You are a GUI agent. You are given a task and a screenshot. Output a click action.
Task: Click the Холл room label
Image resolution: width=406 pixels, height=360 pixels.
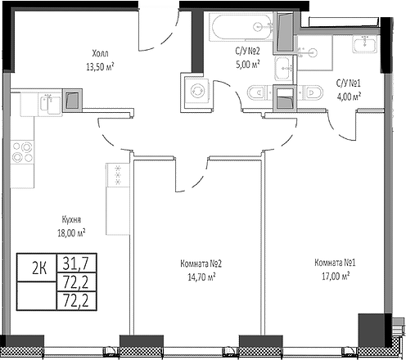pyautogui.click(x=100, y=53)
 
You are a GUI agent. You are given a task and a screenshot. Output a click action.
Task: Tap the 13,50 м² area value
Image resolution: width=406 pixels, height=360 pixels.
pyautogui.click(x=100, y=66)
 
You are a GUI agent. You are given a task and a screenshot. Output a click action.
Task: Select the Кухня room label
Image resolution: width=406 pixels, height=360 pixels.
pyautogui.click(x=71, y=220)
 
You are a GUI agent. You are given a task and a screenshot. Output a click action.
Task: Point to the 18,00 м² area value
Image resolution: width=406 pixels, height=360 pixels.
pyautogui.click(x=71, y=232)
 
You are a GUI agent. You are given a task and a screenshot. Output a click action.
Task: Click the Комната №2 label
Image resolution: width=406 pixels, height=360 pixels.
pyautogui.click(x=201, y=263)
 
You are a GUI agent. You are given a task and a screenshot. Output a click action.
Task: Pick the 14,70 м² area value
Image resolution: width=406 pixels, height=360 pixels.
pyautogui.click(x=201, y=277)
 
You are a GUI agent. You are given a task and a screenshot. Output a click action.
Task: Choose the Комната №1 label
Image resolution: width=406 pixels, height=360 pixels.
pyautogui.click(x=335, y=263)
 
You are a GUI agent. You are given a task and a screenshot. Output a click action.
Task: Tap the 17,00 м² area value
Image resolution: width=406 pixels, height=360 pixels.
pyautogui.click(x=336, y=276)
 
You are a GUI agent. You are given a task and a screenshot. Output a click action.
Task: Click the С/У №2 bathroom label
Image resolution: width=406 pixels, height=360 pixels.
pyautogui.click(x=247, y=51)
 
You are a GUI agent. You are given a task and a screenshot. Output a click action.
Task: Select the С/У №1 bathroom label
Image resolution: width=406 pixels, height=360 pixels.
pyautogui.click(x=348, y=83)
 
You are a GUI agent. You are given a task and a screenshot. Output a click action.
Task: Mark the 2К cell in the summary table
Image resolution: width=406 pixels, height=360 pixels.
pyautogui.click(x=39, y=268)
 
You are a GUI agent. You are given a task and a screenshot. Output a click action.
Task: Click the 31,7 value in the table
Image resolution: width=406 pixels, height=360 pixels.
pyautogui.click(x=76, y=263)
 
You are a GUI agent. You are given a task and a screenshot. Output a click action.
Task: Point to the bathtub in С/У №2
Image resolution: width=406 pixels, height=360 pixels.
pyautogui.click(x=241, y=27)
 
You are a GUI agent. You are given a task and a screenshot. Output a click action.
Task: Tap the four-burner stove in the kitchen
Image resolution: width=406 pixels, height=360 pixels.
pyautogui.click(x=22, y=152)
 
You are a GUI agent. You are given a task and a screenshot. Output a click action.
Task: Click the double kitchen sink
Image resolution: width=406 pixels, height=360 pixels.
pyautogui.click(x=51, y=104)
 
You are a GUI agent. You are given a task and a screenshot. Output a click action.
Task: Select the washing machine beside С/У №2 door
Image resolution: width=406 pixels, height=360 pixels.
pyautogui.click(x=197, y=92)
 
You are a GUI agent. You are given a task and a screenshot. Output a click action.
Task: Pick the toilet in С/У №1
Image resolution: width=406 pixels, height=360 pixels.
pyautogui.click(x=310, y=92)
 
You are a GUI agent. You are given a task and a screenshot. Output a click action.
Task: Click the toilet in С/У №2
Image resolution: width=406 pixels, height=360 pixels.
pyautogui.click(x=260, y=92)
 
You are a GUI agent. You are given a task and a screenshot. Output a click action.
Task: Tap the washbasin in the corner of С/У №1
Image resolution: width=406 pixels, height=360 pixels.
pyautogui.click(x=365, y=44)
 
